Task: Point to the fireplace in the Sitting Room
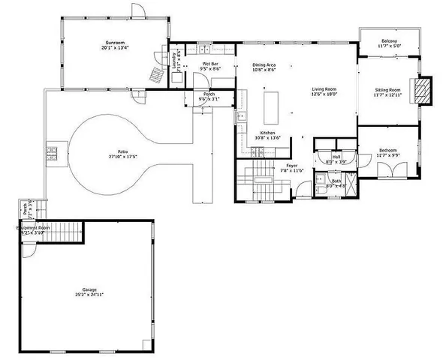coord(424,90)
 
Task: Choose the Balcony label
coord(388,40)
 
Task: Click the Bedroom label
coord(387,151)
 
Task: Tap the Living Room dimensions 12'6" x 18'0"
coord(324,95)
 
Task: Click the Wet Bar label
coord(209,64)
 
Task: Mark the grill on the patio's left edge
coord(53,153)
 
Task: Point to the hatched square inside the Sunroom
coord(155,75)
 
